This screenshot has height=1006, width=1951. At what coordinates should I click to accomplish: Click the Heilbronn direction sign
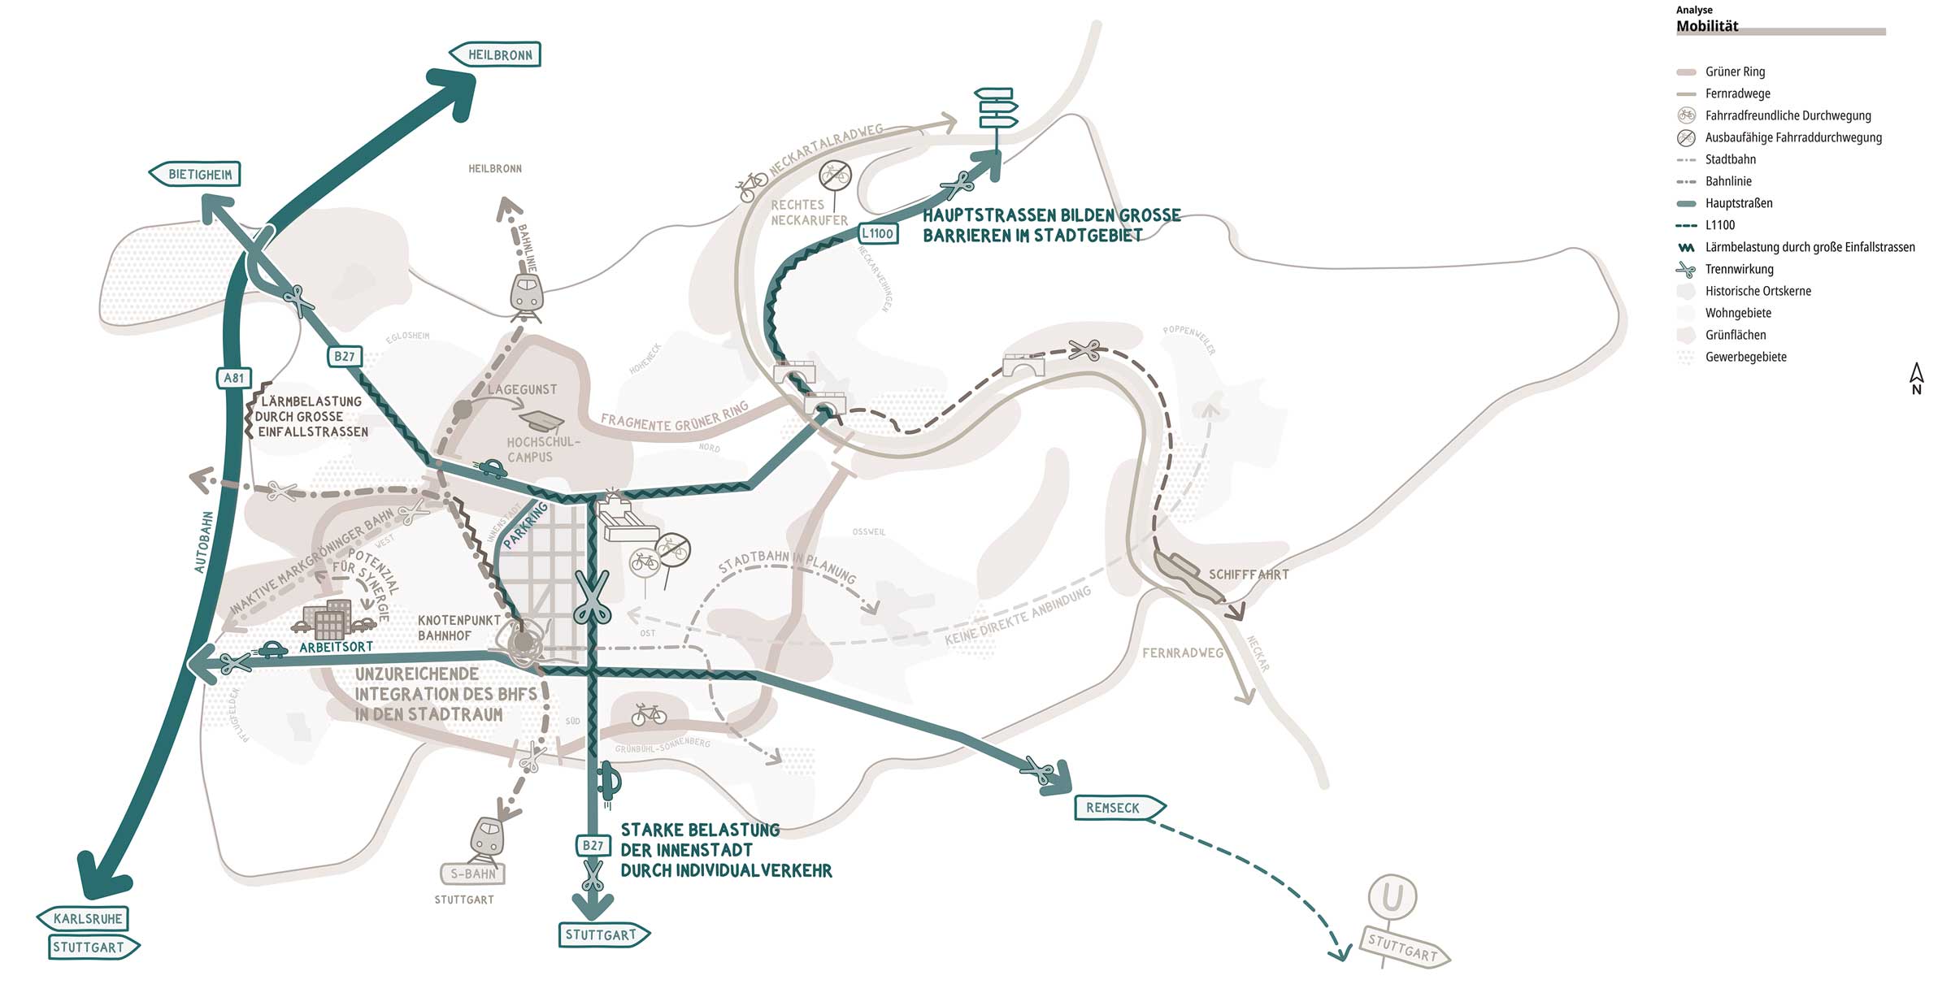click(495, 54)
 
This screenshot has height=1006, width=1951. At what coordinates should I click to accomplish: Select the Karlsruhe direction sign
click(84, 919)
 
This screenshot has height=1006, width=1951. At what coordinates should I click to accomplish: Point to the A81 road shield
click(234, 378)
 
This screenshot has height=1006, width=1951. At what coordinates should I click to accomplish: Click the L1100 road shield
click(877, 233)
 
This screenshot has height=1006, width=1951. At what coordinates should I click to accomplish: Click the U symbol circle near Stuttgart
click(1393, 897)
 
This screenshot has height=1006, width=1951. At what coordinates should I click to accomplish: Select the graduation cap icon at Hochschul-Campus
click(542, 420)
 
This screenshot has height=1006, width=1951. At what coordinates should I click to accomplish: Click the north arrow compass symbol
click(1916, 379)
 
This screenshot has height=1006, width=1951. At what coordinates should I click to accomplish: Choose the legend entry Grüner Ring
click(1735, 72)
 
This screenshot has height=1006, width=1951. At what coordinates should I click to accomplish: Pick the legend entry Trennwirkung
click(1739, 269)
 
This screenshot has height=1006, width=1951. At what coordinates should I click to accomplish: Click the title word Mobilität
click(1707, 26)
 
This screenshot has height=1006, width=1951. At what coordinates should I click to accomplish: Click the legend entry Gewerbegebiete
click(1745, 357)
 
